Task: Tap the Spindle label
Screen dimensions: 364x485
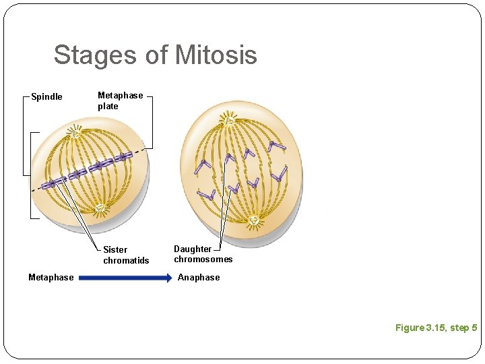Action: tap(47, 97)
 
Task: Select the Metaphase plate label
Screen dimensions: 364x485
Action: tap(120, 101)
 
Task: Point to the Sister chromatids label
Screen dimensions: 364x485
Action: tap(126, 255)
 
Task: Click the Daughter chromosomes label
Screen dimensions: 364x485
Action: tap(203, 254)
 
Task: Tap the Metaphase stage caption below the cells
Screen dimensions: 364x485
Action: tap(51, 277)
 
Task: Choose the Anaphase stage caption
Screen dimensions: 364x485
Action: tap(199, 277)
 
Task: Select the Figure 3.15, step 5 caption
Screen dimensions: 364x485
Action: tap(436, 328)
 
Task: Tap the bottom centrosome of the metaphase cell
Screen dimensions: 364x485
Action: tap(100, 208)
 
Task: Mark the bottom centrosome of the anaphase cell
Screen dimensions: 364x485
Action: tap(254, 220)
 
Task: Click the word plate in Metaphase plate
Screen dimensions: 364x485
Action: tap(108, 107)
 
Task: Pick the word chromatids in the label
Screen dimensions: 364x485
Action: tap(126, 260)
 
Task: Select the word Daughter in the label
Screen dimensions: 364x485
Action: tap(193, 249)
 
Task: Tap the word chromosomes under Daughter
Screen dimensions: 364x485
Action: tap(203, 260)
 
